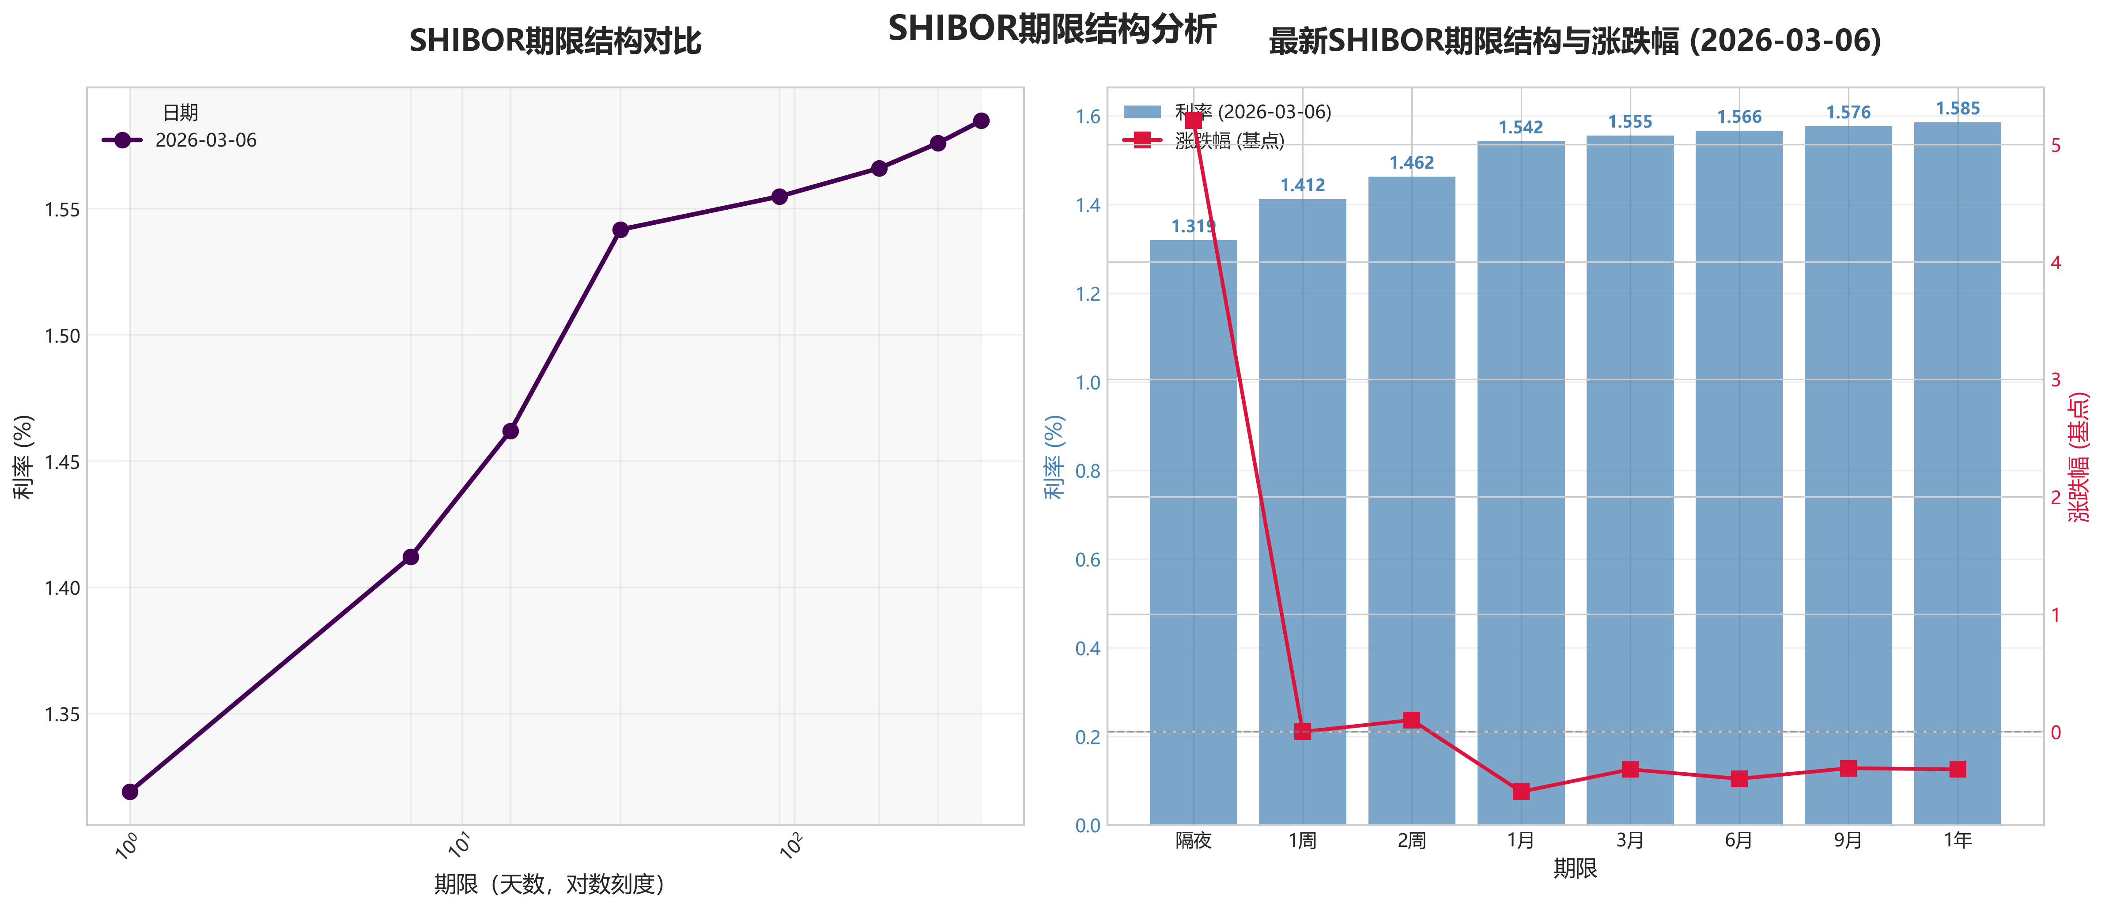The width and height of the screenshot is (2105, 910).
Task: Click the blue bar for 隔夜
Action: point(1193,531)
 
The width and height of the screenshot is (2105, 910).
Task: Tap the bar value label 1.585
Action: point(1957,109)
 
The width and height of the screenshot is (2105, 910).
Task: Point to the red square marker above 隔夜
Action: point(1193,121)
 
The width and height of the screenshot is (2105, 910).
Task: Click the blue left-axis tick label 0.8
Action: point(1088,472)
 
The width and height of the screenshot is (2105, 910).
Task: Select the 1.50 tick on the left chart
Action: point(62,336)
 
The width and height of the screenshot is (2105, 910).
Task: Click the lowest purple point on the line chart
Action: point(130,792)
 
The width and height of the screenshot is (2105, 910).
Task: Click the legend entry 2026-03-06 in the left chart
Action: point(205,140)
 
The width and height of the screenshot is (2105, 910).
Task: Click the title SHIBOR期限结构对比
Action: point(555,41)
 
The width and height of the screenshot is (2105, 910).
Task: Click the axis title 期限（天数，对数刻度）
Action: point(549,884)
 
